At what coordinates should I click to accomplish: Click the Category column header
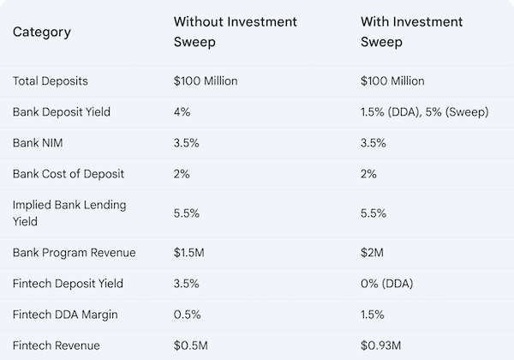(x=41, y=33)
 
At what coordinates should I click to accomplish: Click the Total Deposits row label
(x=50, y=81)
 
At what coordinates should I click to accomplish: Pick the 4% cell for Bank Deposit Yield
(x=182, y=112)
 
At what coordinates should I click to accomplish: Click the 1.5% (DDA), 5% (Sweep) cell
(x=426, y=112)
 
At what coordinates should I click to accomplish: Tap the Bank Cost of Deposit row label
(x=69, y=174)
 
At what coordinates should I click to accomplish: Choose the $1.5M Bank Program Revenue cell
(x=189, y=253)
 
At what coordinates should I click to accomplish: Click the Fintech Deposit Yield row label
(x=68, y=284)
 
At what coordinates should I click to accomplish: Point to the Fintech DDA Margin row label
(x=64, y=315)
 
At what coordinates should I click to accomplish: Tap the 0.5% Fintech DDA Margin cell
(x=187, y=315)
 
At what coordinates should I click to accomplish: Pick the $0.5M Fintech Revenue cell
(x=189, y=345)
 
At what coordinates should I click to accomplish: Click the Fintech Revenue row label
(x=56, y=345)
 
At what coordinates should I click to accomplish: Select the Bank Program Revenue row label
(x=74, y=253)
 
